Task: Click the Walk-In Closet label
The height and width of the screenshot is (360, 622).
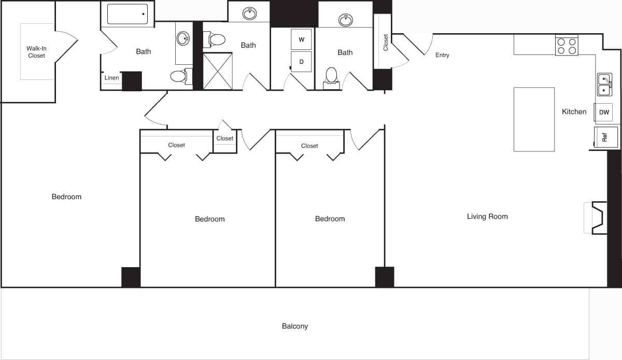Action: click(36, 52)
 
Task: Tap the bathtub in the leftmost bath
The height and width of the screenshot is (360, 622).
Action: click(127, 13)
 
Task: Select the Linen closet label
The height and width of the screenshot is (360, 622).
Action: click(111, 78)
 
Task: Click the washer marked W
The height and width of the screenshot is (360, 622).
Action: click(301, 39)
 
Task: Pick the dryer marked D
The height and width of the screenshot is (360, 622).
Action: click(301, 61)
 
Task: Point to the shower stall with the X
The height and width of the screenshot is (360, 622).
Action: click(218, 71)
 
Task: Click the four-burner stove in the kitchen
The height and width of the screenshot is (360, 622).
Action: click(567, 46)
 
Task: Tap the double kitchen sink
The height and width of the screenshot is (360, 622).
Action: click(604, 85)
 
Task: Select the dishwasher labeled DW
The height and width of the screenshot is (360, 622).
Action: click(604, 112)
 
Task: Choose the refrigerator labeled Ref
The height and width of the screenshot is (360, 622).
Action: click(605, 137)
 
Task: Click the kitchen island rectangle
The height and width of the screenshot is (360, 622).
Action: click(534, 119)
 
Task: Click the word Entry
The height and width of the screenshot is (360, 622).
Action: click(442, 55)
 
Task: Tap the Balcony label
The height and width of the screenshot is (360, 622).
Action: click(295, 326)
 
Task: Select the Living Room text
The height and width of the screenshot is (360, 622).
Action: click(487, 216)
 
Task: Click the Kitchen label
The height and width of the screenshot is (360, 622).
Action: click(574, 112)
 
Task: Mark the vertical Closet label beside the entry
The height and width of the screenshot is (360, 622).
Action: click(386, 43)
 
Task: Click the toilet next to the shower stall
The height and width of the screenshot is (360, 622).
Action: click(216, 39)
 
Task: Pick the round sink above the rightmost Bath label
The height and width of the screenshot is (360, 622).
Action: click(345, 20)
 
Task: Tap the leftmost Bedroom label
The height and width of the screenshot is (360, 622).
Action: click(66, 197)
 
